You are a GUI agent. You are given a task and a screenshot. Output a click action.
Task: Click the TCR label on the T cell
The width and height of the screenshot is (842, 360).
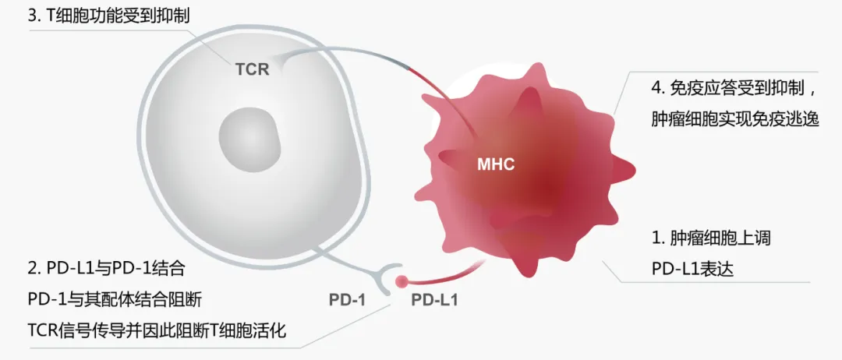252,69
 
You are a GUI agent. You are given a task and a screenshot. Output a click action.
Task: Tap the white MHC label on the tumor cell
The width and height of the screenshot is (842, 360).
496,164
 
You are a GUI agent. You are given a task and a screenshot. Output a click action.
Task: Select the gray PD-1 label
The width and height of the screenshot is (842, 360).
348,300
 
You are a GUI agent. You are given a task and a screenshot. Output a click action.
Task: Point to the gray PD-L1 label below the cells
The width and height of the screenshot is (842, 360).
434,300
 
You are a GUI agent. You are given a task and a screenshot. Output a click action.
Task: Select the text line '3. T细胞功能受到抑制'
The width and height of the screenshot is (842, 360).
109,15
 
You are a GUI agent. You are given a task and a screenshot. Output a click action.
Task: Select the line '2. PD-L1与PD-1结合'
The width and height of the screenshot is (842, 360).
106,270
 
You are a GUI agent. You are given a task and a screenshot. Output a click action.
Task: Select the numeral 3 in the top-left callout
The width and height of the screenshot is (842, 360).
32,15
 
